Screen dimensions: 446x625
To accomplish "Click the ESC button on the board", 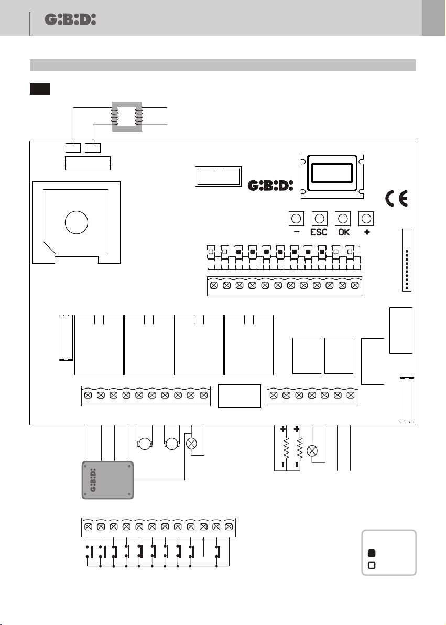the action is (x=319, y=219).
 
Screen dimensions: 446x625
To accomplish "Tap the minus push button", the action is (x=296, y=219).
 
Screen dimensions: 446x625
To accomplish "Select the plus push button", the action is (x=366, y=219).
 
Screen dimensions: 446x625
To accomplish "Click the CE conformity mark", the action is (x=397, y=199).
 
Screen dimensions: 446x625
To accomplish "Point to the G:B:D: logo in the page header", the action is (x=70, y=19).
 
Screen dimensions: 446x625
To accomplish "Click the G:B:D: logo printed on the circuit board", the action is (x=270, y=185).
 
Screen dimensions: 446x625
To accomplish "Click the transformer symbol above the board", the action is (x=127, y=116).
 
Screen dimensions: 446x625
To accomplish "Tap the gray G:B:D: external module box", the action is (x=107, y=480).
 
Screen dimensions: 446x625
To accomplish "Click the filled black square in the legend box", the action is (x=372, y=553).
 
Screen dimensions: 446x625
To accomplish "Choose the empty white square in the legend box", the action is (x=372, y=565).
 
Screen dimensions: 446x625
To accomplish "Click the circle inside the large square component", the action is (x=77, y=222).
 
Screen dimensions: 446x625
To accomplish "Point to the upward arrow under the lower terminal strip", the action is (x=204, y=547).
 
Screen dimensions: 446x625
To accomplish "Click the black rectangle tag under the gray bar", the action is (x=40, y=89).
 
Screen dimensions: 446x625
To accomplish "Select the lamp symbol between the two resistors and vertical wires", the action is (x=312, y=451).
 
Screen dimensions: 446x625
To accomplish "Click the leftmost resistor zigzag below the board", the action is (x=286, y=448).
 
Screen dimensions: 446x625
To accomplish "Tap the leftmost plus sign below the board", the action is (x=283, y=429).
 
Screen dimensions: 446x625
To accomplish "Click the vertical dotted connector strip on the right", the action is (x=407, y=260).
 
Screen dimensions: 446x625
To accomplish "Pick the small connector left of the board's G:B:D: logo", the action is (x=218, y=176).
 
